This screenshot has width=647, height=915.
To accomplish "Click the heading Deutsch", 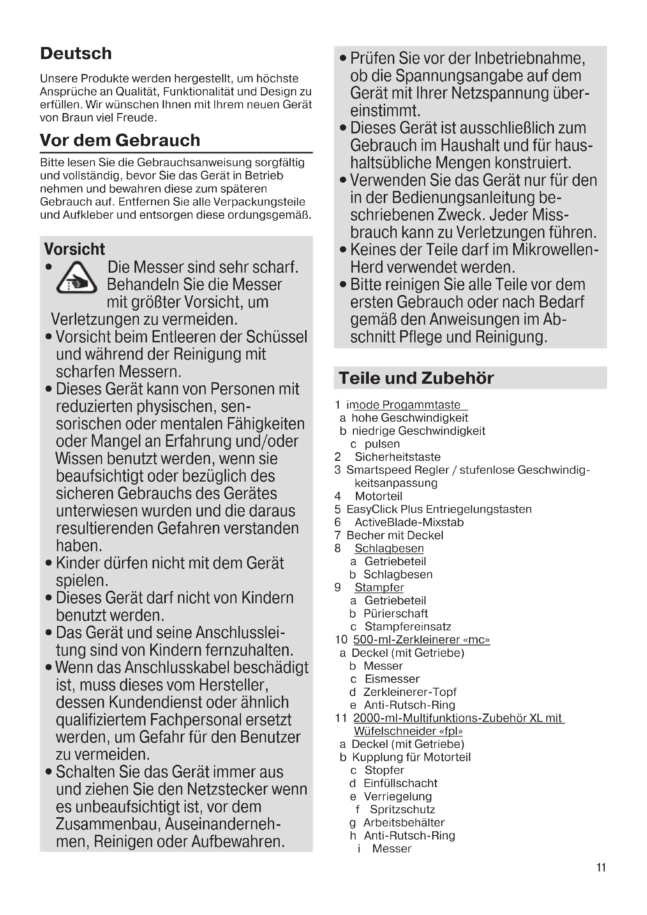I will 76,54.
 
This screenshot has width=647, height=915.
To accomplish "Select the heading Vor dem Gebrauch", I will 120,140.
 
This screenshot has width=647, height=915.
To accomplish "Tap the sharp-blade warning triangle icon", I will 77,278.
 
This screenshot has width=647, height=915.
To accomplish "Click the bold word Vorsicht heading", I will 74,249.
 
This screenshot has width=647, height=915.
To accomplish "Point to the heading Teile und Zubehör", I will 416,378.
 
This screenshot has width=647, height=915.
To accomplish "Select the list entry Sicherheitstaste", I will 397,457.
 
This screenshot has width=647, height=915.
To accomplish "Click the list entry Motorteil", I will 379,496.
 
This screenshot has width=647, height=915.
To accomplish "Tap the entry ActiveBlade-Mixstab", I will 409,522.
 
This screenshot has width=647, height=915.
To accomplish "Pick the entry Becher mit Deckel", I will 394,535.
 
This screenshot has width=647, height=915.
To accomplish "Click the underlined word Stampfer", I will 379,588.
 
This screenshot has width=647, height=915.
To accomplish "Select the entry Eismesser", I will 392,679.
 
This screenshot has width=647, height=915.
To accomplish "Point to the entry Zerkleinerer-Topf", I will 410,692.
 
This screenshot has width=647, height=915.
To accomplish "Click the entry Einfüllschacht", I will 401,783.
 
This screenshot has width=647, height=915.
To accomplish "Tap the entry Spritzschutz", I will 403,809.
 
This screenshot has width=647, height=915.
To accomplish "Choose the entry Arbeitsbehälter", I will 404,822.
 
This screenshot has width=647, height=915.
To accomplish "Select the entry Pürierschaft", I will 395,613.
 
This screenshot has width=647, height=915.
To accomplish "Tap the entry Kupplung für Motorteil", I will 411,757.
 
